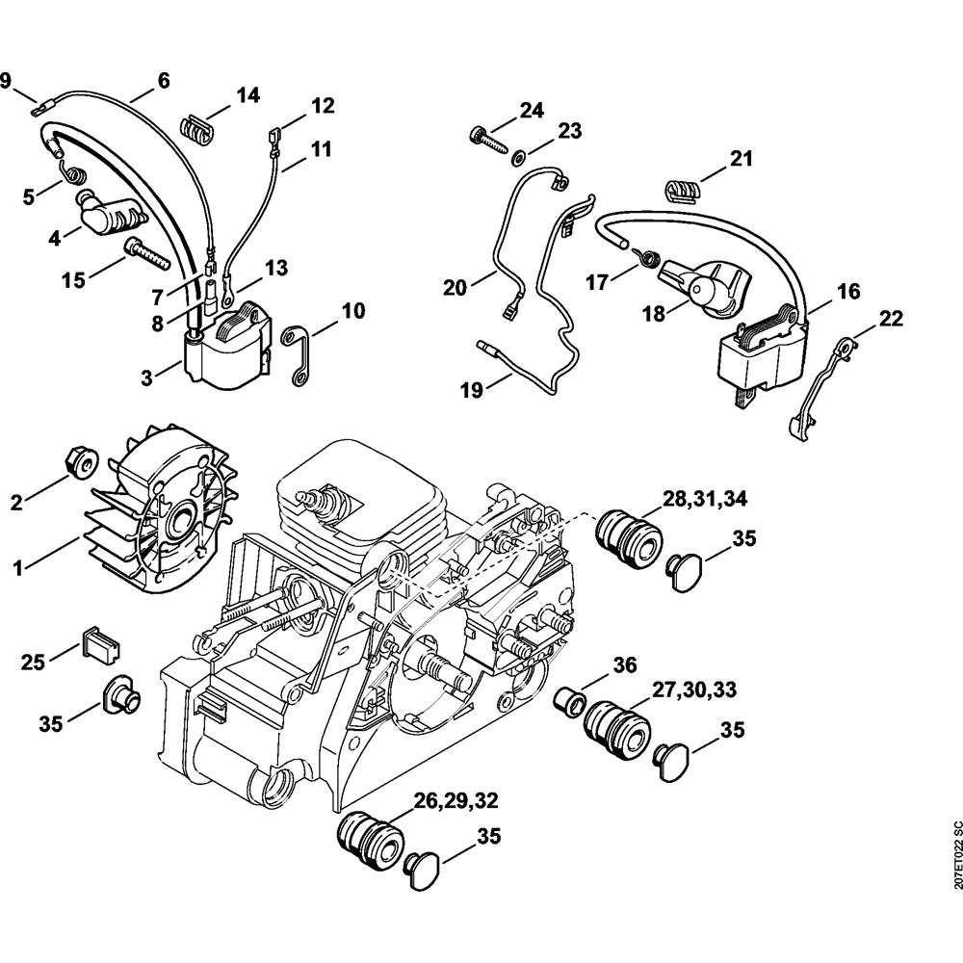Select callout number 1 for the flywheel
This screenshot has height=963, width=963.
[16, 570]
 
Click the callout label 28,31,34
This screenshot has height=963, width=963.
[703, 499]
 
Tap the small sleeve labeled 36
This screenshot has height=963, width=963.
[570, 698]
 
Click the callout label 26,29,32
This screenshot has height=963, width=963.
[456, 799]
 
